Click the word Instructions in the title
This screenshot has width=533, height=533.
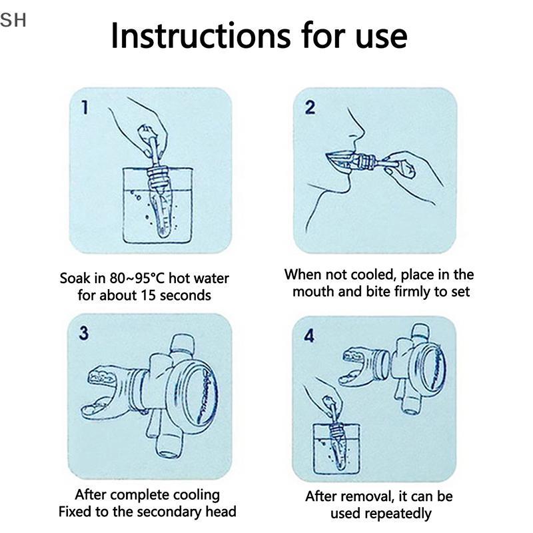[201, 36]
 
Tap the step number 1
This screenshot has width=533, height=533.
[85, 107]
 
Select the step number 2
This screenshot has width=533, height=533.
[310, 107]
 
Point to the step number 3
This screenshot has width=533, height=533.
[84, 332]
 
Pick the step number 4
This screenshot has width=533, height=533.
[309, 336]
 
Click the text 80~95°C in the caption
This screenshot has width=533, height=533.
[137, 278]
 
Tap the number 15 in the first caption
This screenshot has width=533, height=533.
[148, 295]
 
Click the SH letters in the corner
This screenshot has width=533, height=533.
[13, 20]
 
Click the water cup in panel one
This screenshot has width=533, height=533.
[157, 205]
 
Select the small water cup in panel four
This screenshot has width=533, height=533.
[336, 448]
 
